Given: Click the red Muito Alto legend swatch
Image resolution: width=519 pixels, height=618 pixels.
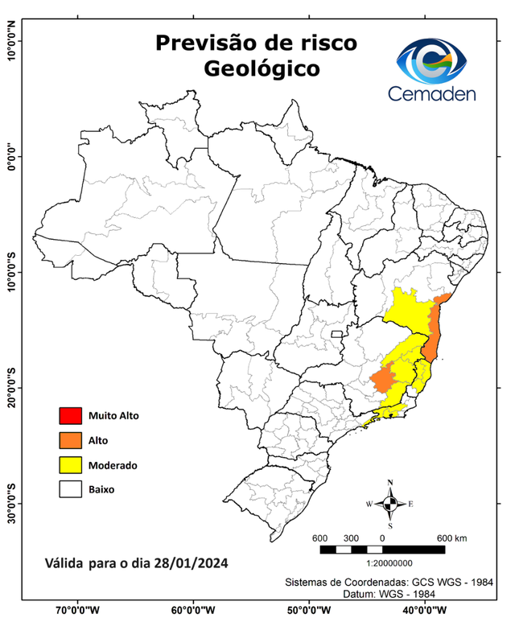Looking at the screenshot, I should click(x=70, y=416).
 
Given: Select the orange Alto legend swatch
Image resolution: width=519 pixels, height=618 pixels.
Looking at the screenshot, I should click(x=70, y=440).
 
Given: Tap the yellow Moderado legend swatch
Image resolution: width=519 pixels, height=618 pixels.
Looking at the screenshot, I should click(x=70, y=464).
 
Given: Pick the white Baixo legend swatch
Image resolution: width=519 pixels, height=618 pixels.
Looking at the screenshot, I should click(x=70, y=488).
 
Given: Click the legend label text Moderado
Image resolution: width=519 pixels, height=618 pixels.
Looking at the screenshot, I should click(x=113, y=465).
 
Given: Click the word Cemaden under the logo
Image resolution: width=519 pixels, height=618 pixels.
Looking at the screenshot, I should click(x=432, y=93).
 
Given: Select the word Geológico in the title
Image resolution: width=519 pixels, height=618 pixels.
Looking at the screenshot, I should click(x=261, y=68).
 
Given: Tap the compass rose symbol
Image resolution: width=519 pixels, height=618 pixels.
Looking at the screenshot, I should click(x=390, y=504).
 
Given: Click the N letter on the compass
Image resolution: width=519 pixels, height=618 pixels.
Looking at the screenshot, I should click(x=390, y=484).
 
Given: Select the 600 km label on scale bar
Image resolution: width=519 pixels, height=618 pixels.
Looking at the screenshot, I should click(x=451, y=538).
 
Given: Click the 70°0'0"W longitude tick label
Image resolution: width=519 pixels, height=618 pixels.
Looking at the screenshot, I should click(x=78, y=610).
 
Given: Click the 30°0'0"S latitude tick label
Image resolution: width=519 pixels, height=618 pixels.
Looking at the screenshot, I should click(x=11, y=503).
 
